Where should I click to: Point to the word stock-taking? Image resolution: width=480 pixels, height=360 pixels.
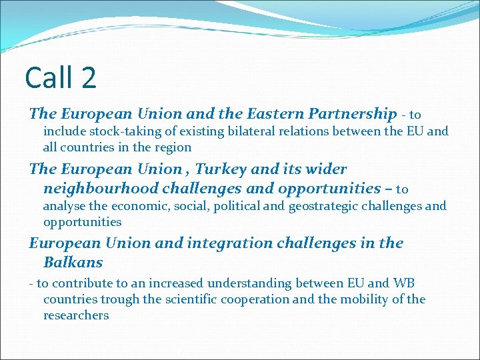(124, 131)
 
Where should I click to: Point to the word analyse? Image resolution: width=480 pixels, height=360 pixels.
(66, 206)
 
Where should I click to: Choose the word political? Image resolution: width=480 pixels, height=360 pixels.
(237, 206)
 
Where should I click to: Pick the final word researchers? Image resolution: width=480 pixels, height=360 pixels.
(76, 315)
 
